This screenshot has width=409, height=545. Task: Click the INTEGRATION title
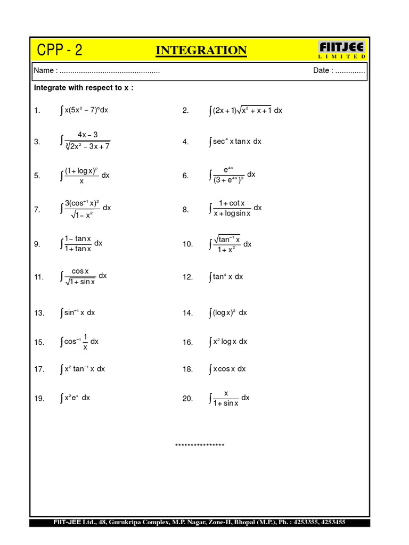click(201, 51)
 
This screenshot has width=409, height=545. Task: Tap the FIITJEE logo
click(342, 48)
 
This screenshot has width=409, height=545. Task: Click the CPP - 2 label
click(60, 51)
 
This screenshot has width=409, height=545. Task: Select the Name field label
click(45, 71)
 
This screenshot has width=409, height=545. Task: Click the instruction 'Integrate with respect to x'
click(84, 87)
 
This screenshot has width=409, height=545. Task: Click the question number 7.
click(37, 210)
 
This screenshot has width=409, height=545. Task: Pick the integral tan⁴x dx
click(226, 277)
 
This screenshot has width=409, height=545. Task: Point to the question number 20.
click(187, 399)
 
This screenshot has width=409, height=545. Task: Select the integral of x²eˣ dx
click(75, 398)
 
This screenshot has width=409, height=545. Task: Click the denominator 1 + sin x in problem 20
click(226, 403)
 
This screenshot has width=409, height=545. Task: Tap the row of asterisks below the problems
click(200, 445)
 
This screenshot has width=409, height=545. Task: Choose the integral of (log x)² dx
click(227, 313)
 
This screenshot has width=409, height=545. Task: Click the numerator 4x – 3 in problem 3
click(87, 135)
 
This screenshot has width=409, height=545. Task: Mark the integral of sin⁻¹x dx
click(78, 313)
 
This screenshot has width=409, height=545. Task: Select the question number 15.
click(39, 343)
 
